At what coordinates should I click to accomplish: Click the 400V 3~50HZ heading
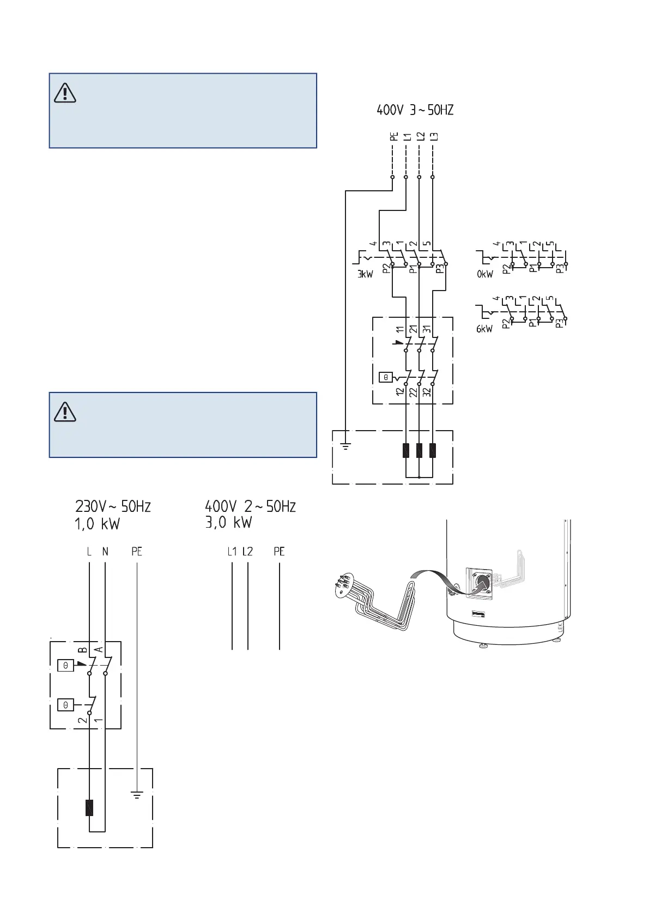pyautogui.click(x=415, y=110)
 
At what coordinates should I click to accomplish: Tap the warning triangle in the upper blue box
pyautogui.click(x=65, y=93)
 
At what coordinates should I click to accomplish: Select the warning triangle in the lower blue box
pyautogui.click(x=65, y=412)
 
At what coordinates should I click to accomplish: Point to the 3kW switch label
pyautogui.click(x=365, y=274)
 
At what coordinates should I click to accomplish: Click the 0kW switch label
pyautogui.click(x=484, y=274)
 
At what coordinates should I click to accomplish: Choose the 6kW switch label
pyautogui.click(x=484, y=329)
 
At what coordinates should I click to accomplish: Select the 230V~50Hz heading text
pyautogui.click(x=113, y=506)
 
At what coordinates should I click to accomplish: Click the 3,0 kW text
pyautogui.click(x=228, y=523)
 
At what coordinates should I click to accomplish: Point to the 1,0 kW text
pyautogui.click(x=97, y=524)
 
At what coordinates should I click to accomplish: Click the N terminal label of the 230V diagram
pyautogui.click(x=105, y=552)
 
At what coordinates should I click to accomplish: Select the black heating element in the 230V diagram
pyautogui.click(x=89, y=807)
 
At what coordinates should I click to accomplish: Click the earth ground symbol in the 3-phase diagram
pyautogui.click(x=345, y=446)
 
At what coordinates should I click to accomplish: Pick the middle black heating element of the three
pyautogui.click(x=419, y=450)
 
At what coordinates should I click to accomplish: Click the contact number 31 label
pyautogui.click(x=427, y=329)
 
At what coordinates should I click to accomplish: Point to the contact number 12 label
pyautogui.click(x=401, y=391)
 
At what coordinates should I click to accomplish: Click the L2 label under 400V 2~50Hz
pyautogui.click(x=247, y=552)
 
